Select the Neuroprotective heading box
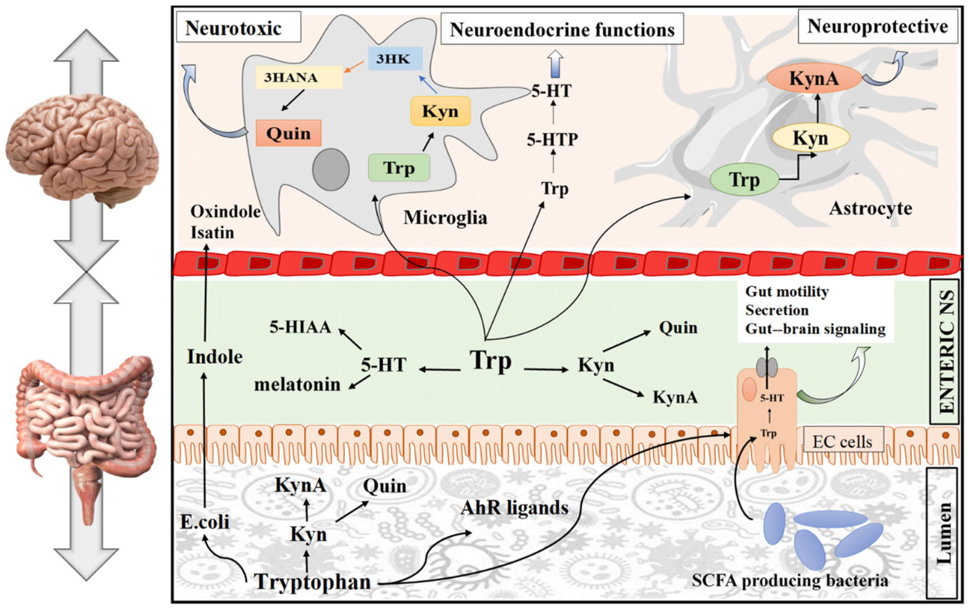877,27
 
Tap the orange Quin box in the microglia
288,133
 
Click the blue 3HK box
395,59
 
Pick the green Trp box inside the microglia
399,168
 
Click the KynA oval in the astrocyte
813,79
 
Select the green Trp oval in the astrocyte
743,180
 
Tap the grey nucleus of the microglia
331,169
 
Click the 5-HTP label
552,140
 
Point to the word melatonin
297,385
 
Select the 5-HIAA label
300,327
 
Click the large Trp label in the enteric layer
491,360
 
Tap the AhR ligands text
514,508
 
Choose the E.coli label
204,522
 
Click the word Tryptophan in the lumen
313,582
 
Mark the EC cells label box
842,441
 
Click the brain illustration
82,149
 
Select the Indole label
214,357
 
